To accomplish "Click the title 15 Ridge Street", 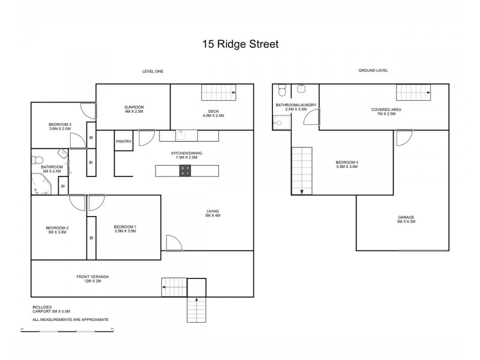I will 239,44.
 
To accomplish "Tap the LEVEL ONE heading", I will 152,71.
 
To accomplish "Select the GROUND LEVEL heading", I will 373,71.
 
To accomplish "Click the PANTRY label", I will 124,142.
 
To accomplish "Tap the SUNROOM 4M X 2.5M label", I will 134,109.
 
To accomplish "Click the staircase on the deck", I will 218,93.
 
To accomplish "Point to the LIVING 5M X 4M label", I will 212,214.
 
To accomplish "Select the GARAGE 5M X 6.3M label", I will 406,219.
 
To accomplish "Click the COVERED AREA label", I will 383,111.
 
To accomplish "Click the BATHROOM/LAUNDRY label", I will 292,107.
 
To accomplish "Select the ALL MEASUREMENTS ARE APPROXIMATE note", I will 70,319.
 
